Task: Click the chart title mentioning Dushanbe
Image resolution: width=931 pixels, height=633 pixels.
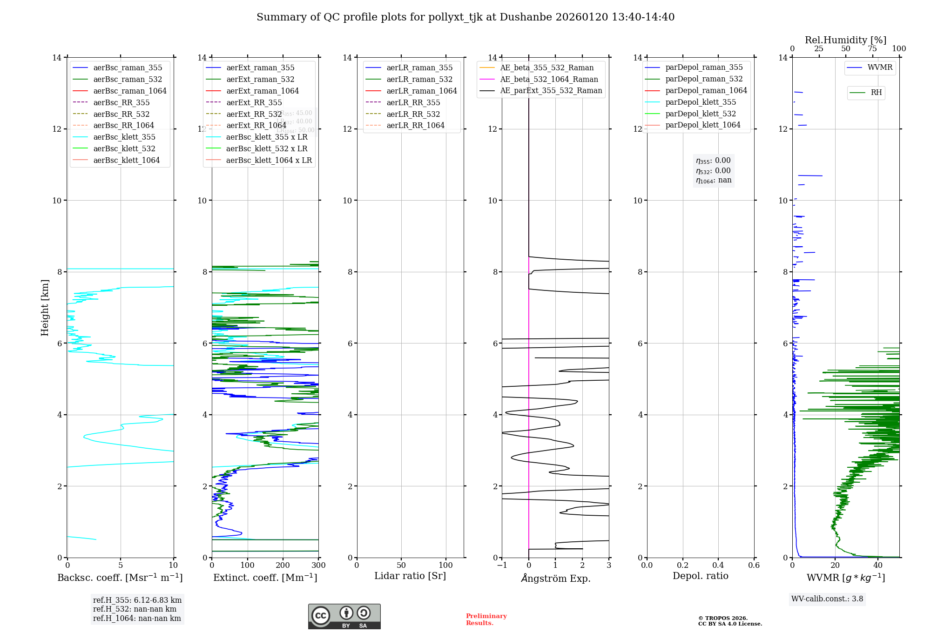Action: click(465, 17)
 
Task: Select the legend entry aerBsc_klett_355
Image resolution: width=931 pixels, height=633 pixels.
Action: click(124, 137)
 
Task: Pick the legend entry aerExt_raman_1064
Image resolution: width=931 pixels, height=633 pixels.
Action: click(262, 91)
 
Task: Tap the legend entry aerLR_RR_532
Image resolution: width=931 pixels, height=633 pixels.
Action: click(413, 114)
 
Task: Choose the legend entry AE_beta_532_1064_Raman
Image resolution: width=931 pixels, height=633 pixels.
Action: click(549, 79)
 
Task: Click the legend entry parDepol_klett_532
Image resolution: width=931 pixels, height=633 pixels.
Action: click(700, 114)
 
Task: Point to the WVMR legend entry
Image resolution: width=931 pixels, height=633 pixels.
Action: click(879, 67)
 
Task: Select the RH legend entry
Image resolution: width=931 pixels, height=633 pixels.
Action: click(876, 93)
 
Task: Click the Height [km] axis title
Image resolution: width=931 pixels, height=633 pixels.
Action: click(45, 307)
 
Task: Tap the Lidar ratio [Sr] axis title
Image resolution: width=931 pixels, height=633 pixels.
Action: click(410, 576)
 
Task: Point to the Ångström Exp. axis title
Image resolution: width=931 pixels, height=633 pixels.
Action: click(555, 578)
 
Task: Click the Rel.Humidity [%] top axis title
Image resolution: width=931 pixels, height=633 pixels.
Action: click(845, 40)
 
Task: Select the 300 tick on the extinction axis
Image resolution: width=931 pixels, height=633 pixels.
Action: click(318, 566)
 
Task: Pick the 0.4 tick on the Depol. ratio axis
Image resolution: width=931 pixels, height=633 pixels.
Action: click(718, 566)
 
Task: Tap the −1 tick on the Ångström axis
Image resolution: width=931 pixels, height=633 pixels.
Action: click(502, 566)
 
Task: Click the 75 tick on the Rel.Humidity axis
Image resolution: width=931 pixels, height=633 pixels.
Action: click(872, 49)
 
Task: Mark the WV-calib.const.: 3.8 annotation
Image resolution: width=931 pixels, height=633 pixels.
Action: click(827, 599)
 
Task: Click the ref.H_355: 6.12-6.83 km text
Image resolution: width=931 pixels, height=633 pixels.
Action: click(137, 600)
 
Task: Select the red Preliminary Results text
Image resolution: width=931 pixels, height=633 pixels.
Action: click(486, 620)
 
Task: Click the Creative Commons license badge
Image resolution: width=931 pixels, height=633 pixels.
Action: click(344, 616)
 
